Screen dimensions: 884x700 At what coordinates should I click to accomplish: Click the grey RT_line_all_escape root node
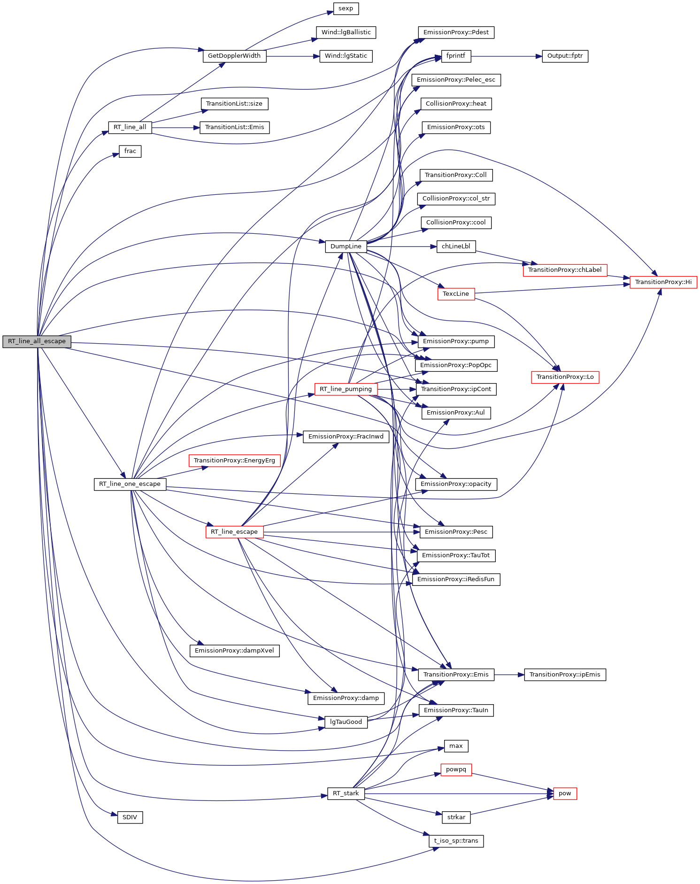point(37,341)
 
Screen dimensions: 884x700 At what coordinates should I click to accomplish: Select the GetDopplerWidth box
point(234,56)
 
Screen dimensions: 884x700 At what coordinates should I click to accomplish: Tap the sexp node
point(346,8)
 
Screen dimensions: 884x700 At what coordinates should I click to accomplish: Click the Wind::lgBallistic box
point(346,32)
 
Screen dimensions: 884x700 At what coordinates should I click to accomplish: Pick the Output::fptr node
point(565,56)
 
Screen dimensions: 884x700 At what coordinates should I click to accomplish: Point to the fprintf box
point(456,56)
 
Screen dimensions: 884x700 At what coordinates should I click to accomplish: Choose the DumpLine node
point(346,246)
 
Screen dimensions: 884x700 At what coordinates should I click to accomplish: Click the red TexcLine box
point(456,294)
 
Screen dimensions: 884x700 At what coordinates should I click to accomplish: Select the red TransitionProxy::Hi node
point(663,282)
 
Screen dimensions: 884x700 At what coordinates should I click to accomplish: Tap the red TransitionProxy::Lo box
point(565,377)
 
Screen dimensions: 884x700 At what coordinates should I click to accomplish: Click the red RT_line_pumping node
point(346,389)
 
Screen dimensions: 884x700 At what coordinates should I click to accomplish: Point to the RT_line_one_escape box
point(130,484)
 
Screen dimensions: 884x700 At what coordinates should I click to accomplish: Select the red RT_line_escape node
point(234,532)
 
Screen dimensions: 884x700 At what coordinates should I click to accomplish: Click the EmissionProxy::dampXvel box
point(234,651)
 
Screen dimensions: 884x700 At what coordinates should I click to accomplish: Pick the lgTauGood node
point(346,722)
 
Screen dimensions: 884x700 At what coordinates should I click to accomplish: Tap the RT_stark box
point(346,793)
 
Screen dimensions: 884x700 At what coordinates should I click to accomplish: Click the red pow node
point(565,793)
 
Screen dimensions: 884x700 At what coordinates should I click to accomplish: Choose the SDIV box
point(130,817)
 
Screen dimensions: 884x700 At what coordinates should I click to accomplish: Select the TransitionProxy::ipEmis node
point(565,675)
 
